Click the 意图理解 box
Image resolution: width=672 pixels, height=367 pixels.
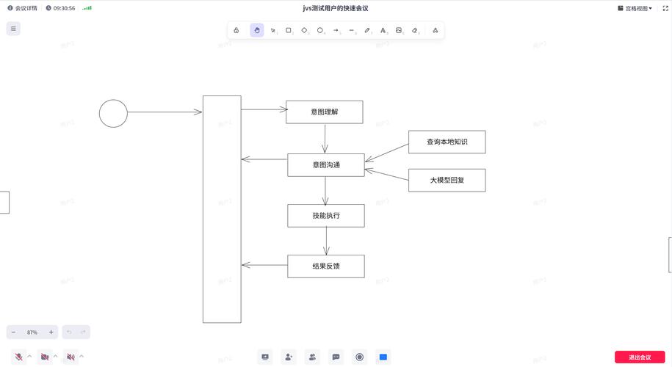pos(324,112)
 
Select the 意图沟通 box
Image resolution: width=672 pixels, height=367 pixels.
pos(325,164)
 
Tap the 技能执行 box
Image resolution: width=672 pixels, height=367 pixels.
pos(325,216)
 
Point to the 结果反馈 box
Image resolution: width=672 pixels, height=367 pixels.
pos(325,266)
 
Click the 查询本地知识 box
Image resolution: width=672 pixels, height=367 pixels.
pos(447,142)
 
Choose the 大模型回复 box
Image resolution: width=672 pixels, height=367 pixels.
pos(447,180)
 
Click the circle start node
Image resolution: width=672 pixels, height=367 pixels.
pos(113,113)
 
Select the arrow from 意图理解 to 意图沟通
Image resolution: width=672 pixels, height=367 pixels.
pos(325,138)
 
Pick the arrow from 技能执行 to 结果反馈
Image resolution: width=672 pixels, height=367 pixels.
pos(326,241)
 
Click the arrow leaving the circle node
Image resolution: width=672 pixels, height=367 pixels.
pos(163,112)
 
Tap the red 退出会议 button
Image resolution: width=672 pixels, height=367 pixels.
pos(639,357)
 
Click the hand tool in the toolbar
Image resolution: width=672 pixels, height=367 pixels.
pos(257,30)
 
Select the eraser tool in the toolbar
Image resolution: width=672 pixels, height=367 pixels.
pos(415,30)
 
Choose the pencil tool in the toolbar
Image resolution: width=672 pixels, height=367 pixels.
pos(367,30)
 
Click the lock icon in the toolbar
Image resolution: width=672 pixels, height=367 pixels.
pos(236,30)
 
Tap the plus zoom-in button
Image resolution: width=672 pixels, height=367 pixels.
pos(51,332)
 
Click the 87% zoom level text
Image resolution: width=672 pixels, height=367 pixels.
pos(32,333)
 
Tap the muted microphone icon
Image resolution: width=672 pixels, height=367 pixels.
pos(18,357)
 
